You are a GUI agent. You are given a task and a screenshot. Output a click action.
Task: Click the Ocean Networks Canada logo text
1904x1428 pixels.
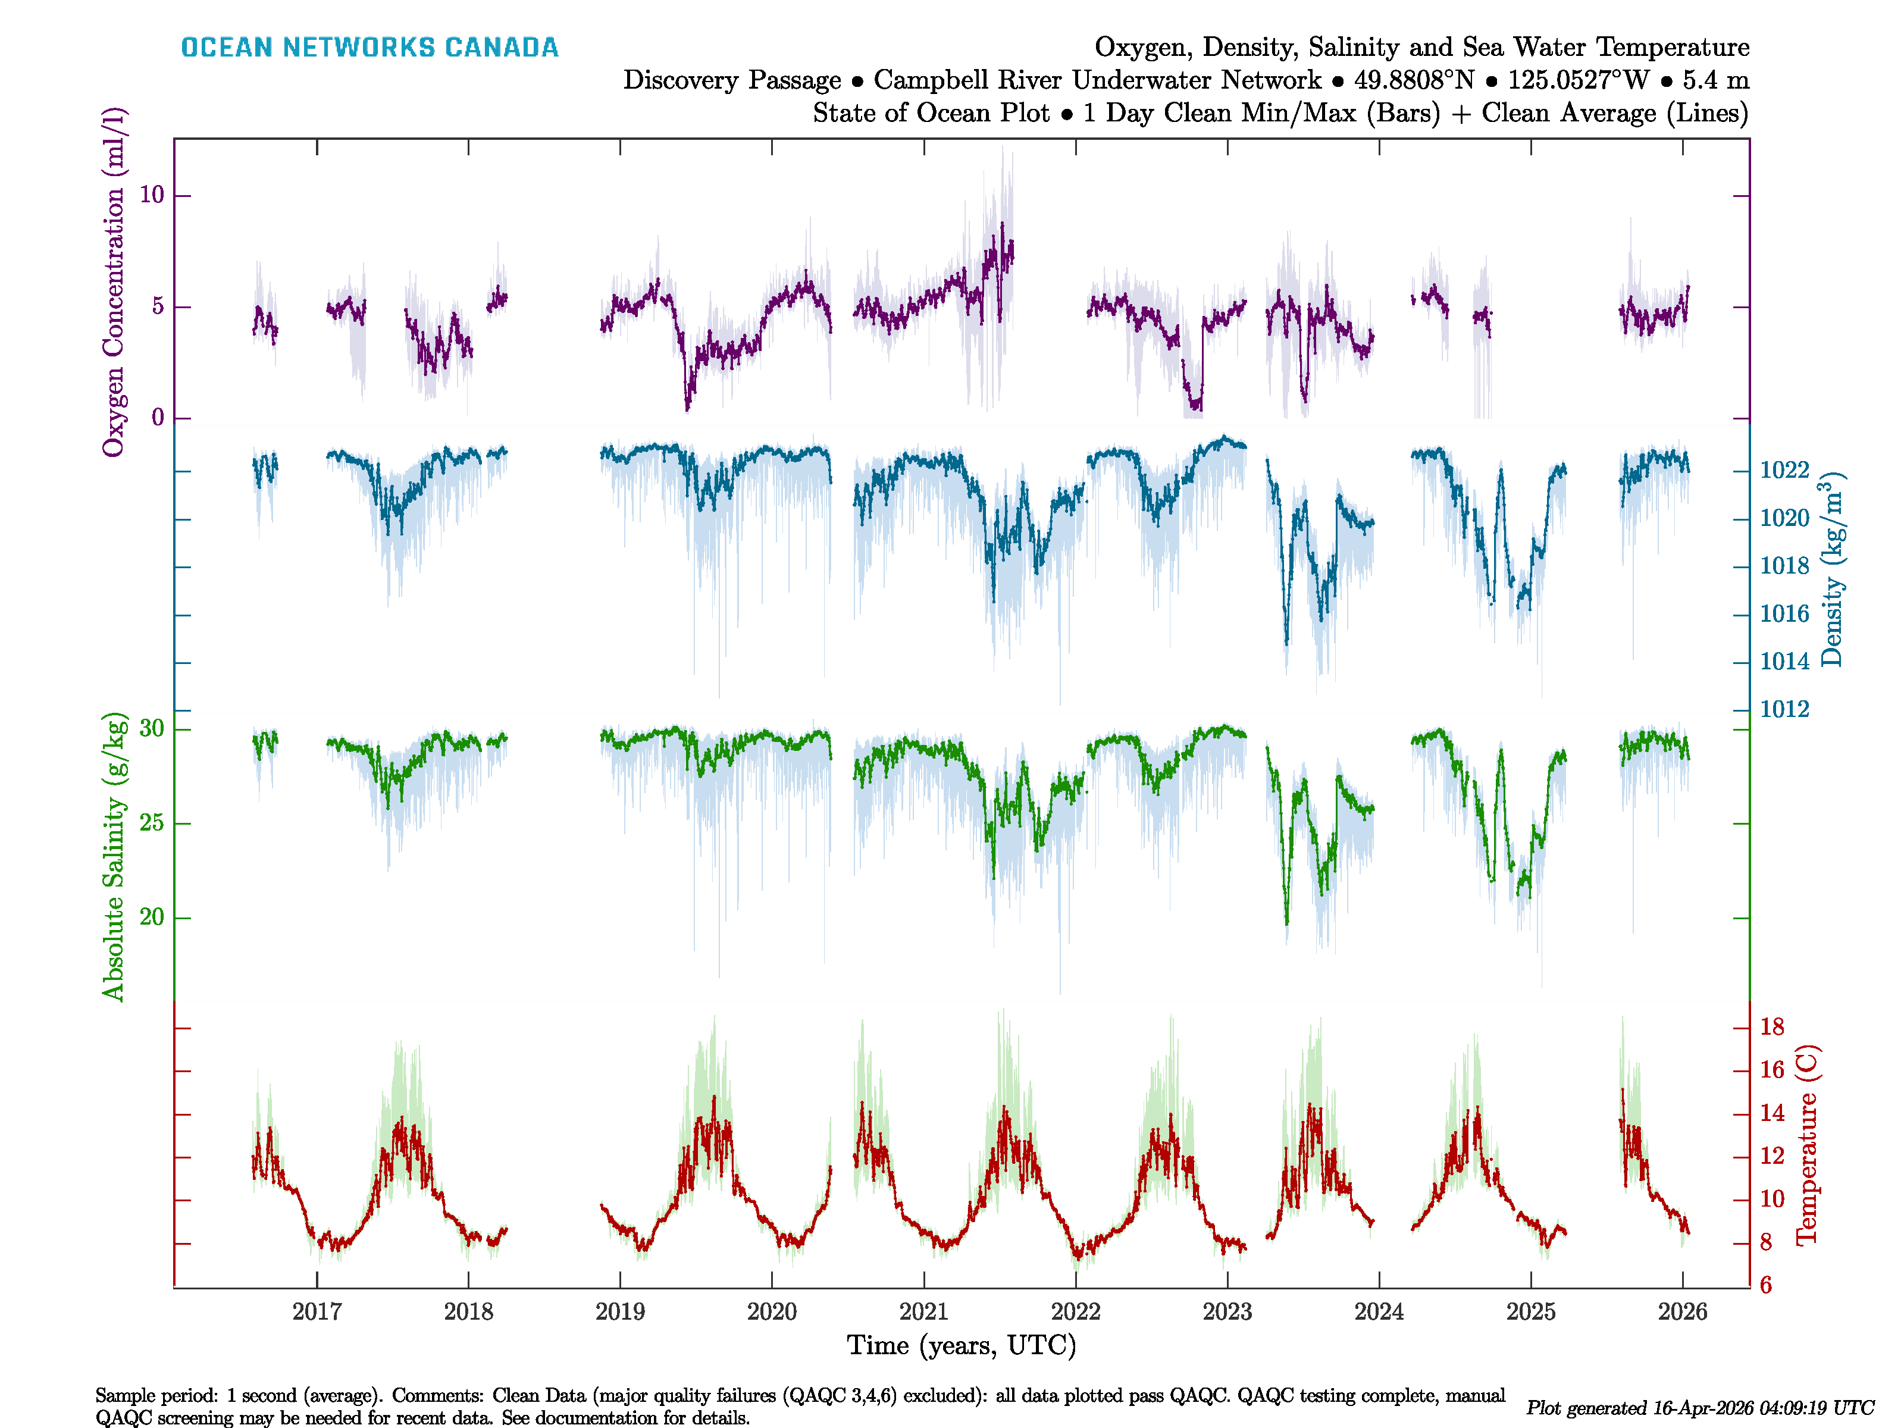click(369, 48)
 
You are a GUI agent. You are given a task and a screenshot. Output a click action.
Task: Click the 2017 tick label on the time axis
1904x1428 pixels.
click(317, 1312)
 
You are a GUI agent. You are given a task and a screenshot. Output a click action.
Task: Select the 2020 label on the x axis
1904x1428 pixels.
click(771, 1312)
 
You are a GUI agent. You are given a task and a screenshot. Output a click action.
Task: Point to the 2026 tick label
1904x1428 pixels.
click(1682, 1312)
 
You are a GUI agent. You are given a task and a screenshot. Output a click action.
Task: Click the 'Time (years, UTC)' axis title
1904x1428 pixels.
click(962, 1345)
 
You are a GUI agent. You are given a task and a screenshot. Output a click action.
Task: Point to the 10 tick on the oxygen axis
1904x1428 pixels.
click(152, 195)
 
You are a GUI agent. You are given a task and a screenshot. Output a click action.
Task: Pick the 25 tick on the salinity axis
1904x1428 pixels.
click(152, 823)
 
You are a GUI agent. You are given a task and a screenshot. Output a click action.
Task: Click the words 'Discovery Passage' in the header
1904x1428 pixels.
click(732, 80)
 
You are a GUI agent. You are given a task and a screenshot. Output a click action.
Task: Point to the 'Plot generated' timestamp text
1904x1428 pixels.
click(1699, 1408)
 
